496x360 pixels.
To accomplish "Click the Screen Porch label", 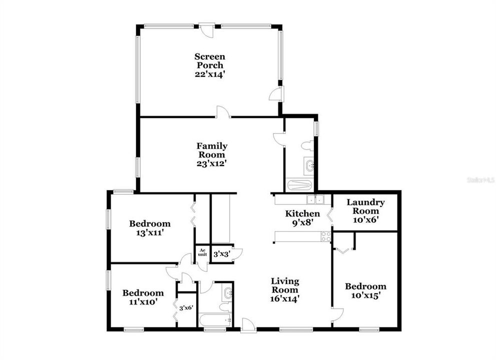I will pyautogui.click(x=210, y=65).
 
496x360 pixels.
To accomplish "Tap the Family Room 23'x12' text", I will pyautogui.click(x=212, y=154).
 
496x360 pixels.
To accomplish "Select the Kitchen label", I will pyautogui.click(x=302, y=217).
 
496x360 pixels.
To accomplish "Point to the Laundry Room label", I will pyautogui.click(x=365, y=210).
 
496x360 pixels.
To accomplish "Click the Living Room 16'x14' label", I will pyautogui.click(x=285, y=289).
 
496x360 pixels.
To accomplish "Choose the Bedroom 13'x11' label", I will pyautogui.click(x=150, y=228).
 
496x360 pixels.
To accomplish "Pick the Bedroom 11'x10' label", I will pyautogui.click(x=143, y=297).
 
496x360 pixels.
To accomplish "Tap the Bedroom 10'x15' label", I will pyautogui.click(x=365, y=290).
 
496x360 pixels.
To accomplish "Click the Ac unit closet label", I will pyautogui.click(x=202, y=252).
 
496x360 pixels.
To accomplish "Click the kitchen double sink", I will pyautogui.click(x=316, y=200).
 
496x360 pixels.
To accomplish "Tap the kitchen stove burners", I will pyautogui.click(x=326, y=236).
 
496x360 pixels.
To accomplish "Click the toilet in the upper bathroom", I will pyautogui.click(x=308, y=146).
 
